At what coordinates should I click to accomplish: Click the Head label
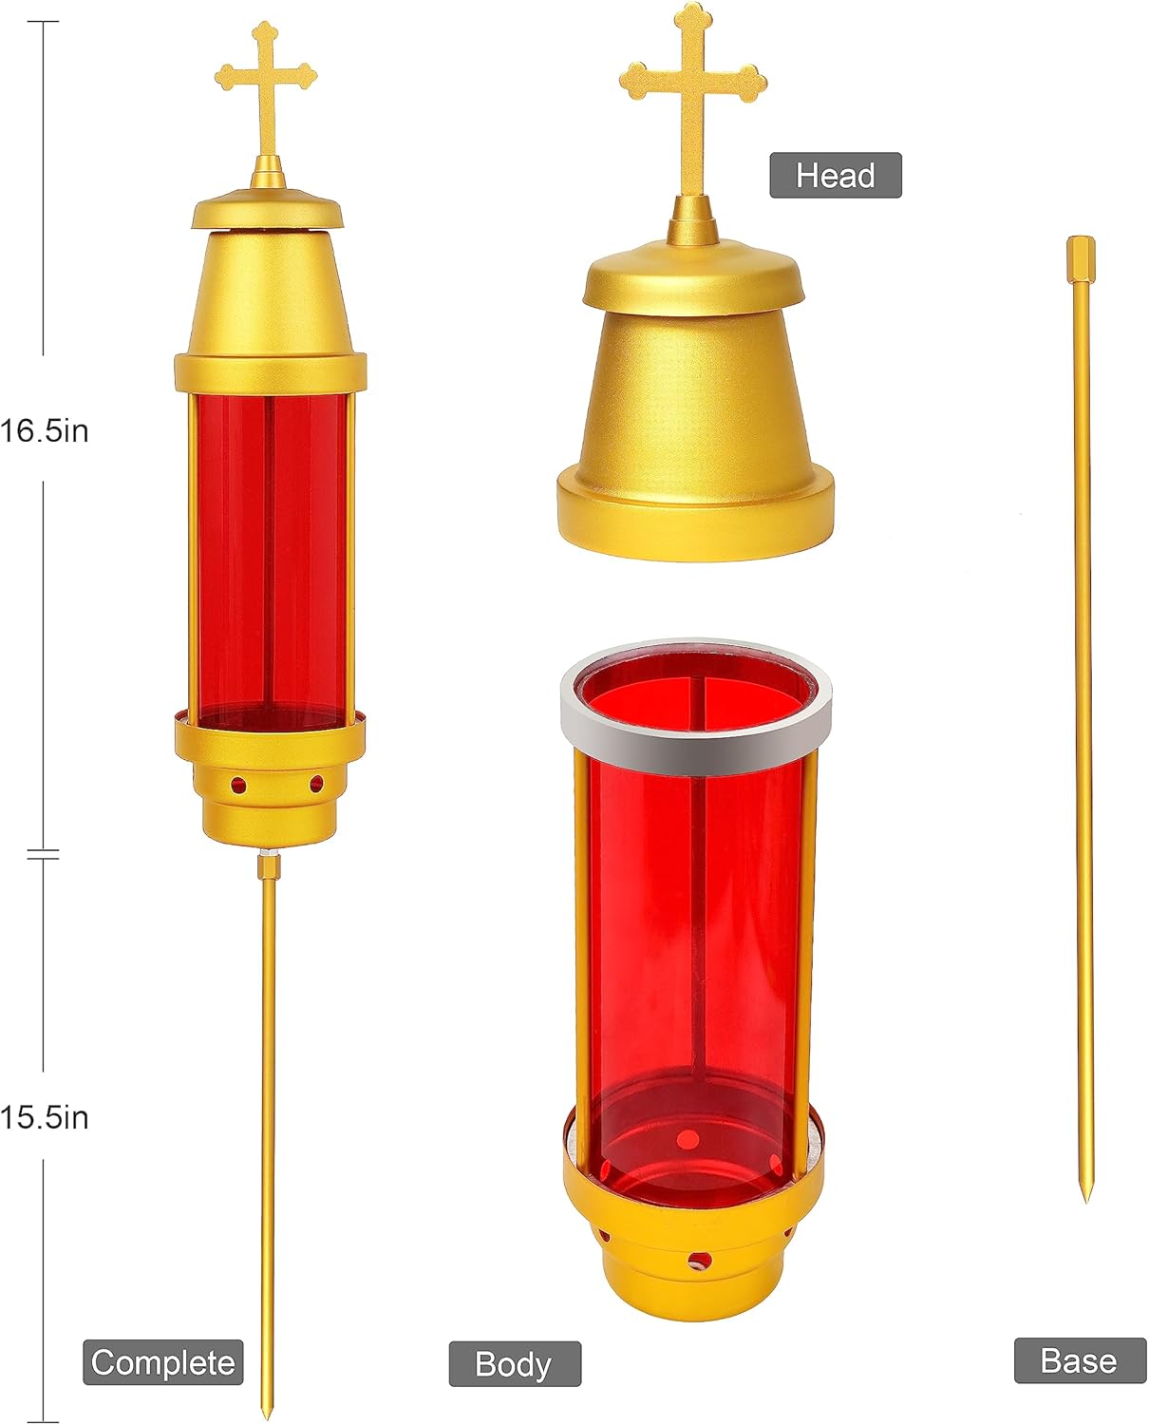[835, 176]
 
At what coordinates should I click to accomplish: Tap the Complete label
[162, 1362]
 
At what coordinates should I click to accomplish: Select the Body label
[514, 1364]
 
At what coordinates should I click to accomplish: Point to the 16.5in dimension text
[45, 430]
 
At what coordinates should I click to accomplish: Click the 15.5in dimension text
[45, 1117]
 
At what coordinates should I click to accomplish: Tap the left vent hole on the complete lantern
[238, 786]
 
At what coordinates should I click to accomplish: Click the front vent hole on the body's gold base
[699, 1261]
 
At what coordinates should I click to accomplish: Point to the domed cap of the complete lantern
[267, 211]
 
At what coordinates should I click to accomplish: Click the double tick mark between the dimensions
[43, 855]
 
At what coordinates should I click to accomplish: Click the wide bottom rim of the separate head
[695, 518]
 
